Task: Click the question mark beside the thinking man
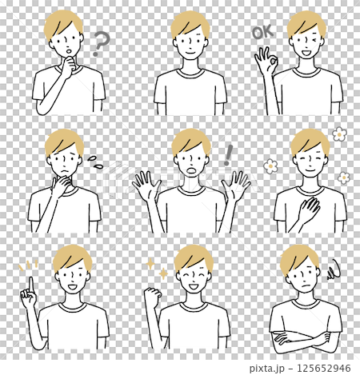98,42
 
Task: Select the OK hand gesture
265,62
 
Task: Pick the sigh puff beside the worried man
94,162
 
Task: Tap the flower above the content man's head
337,134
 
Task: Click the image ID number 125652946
324,368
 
